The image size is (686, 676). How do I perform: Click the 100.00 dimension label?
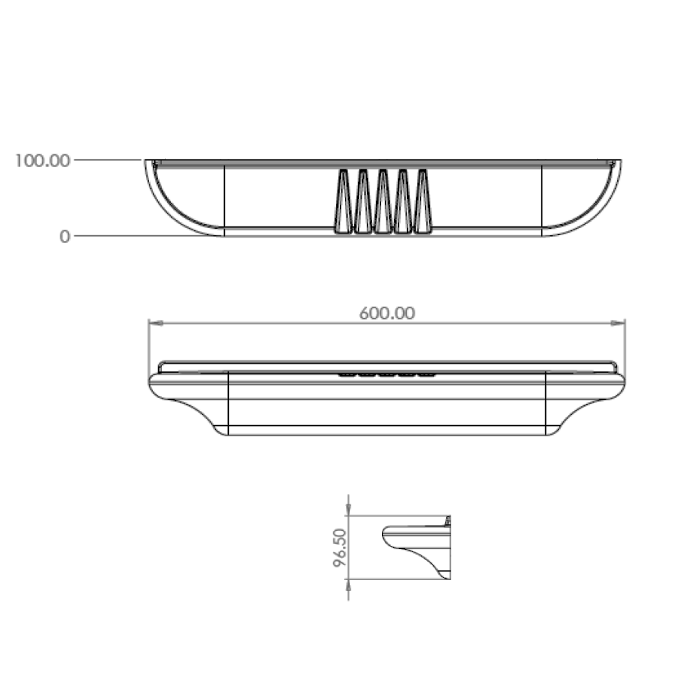[x=42, y=161]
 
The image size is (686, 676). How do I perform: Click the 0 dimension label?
[x=65, y=237]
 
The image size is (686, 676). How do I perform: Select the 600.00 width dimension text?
[x=387, y=313]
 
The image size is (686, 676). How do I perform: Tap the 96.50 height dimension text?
[x=340, y=548]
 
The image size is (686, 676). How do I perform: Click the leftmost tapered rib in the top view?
[x=343, y=201]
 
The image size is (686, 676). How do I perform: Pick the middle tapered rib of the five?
[x=383, y=201]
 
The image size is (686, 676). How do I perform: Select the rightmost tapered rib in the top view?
[x=423, y=201]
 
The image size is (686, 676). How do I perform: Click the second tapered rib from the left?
[x=363, y=201]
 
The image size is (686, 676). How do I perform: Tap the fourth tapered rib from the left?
[x=403, y=201]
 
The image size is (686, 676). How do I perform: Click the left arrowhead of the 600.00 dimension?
[x=156, y=323]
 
